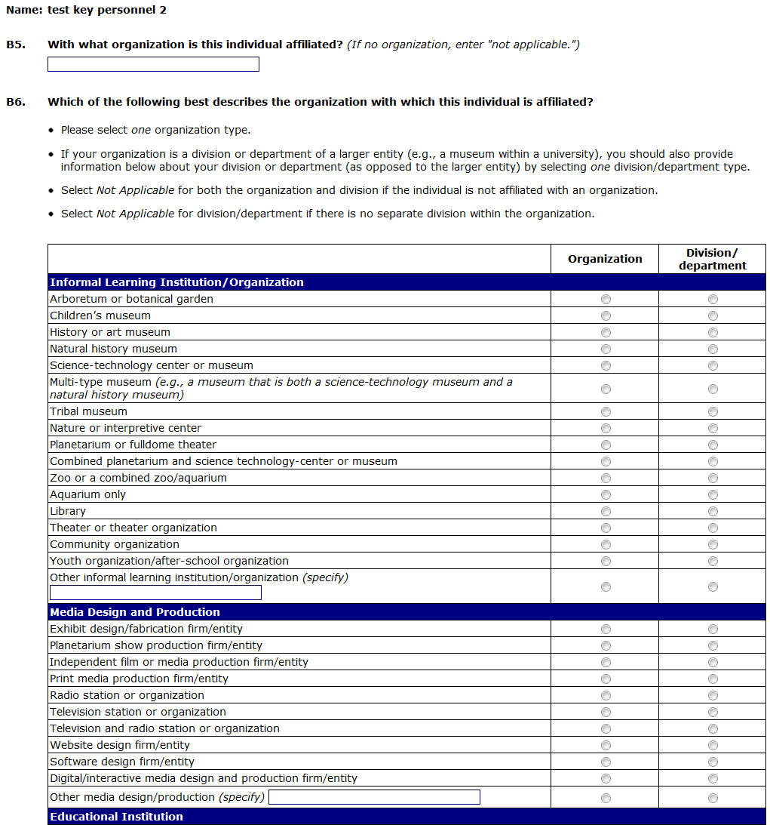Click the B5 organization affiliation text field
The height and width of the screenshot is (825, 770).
[x=153, y=64]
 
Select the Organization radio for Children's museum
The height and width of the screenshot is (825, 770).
[x=606, y=316]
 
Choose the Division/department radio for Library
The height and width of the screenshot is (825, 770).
[x=713, y=511]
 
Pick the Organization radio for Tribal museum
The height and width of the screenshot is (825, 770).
[x=606, y=411]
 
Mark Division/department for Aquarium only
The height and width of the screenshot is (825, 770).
[x=713, y=494]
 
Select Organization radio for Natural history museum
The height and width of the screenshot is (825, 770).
[x=606, y=349]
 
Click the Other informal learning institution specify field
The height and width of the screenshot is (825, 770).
[x=155, y=593]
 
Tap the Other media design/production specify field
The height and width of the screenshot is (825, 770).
[x=374, y=797]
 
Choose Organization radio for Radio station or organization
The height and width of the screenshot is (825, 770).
[x=606, y=695]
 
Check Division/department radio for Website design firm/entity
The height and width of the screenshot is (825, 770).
[x=713, y=745]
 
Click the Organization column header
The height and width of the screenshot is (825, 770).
[x=605, y=259]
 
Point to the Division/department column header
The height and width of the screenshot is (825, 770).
[x=712, y=259]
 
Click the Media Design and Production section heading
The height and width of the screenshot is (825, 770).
[x=135, y=612]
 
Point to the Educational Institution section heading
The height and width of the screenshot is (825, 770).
[x=116, y=817]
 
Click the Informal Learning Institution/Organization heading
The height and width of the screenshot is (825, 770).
[x=176, y=282]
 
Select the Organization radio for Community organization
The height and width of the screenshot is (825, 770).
[x=606, y=544]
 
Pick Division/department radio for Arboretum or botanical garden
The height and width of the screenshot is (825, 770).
[x=713, y=299]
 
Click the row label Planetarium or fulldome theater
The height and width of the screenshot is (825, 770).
[x=133, y=445]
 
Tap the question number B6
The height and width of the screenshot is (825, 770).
[x=16, y=102]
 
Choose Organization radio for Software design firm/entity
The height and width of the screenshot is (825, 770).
[x=606, y=762]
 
